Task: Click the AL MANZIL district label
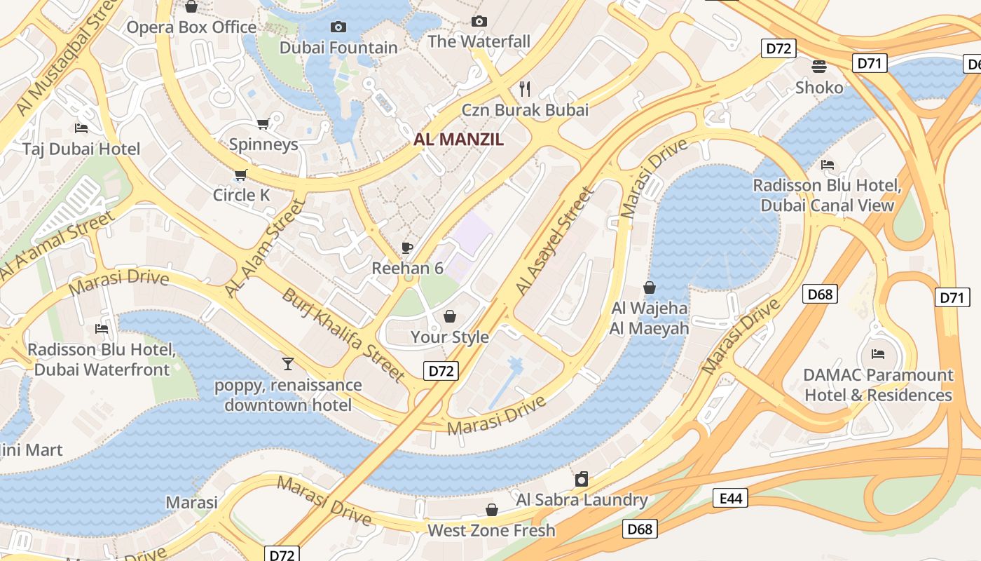(x=458, y=139)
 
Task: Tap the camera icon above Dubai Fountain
(x=338, y=27)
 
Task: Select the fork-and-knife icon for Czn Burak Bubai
(x=525, y=88)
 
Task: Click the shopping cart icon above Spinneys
(x=263, y=124)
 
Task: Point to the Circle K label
(x=241, y=195)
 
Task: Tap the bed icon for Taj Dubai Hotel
(x=81, y=128)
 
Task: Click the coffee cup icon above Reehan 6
(x=407, y=248)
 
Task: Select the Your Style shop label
(x=449, y=337)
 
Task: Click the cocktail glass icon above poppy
(x=287, y=363)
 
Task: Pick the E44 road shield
(x=729, y=498)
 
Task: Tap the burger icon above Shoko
(x=819, y=67)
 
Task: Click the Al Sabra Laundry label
(x=582, y=500)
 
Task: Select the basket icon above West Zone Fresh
(x=492, y=510)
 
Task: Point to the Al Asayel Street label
(x=554, y=240)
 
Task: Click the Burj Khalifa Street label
(x=343, y=334)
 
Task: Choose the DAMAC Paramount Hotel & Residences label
(x=878, y=385)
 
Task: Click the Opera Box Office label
(x=191, y=27)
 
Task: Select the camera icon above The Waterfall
(x=479, y=22)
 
